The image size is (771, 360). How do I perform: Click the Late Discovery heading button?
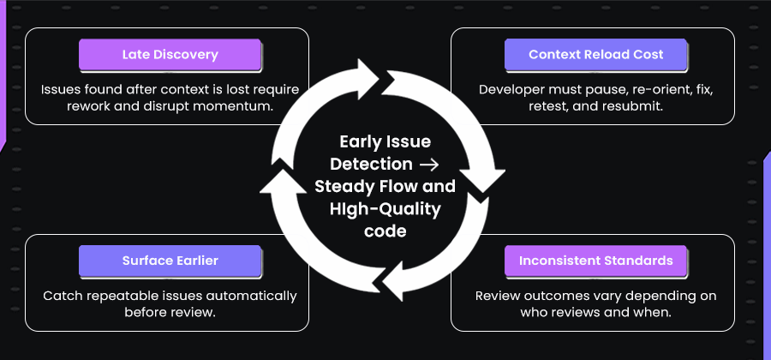pos(170,55)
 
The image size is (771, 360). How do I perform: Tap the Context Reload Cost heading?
pos(595,55)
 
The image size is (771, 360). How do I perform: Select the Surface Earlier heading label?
pos(170,261)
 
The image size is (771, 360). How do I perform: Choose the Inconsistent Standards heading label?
pos(595,261)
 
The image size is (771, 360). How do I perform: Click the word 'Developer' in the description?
pos(510,89)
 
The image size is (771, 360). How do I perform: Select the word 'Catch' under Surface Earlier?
pos(62,296)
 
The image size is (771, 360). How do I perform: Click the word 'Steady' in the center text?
pos(343,185)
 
